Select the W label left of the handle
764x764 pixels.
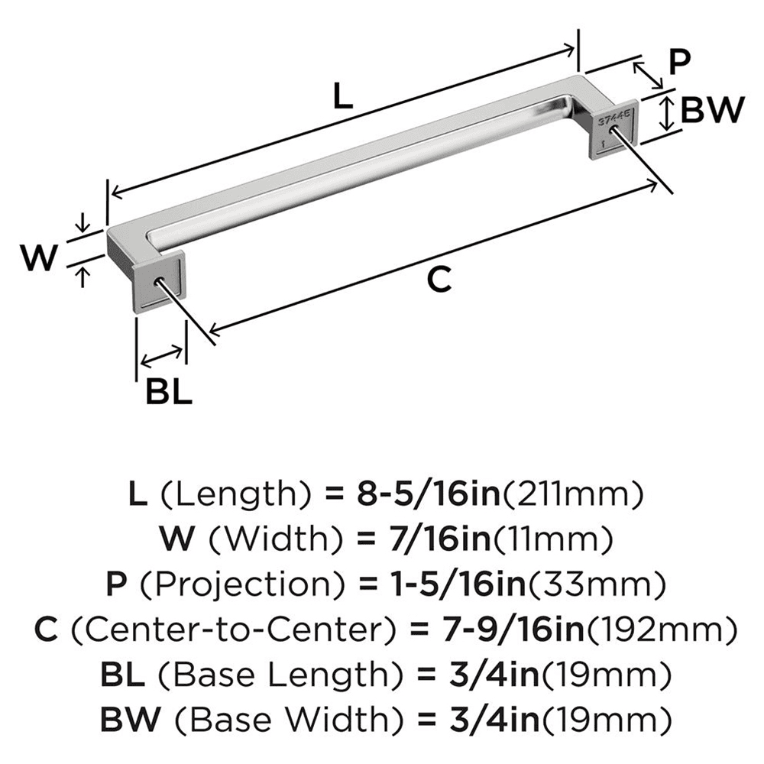tap(37, 259)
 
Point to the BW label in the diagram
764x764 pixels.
tap(711, 112)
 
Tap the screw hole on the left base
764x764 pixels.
tap(161, 281)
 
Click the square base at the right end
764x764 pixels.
tap(610, 130)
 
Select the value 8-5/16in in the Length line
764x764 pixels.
tap(423, 496)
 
